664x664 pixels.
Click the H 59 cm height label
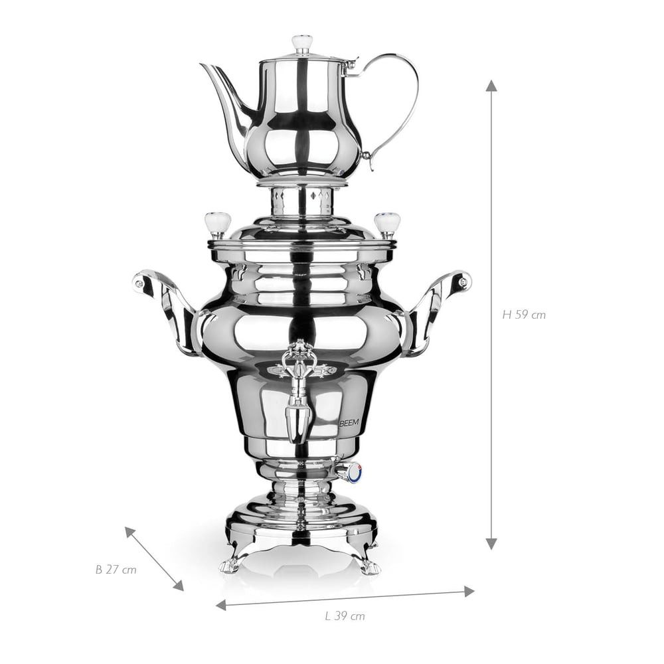[x=524, y=315]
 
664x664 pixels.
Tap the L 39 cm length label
[x=345, y=616]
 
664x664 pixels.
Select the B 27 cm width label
[x=116, y=570]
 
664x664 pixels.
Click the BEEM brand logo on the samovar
[x=349, y=422]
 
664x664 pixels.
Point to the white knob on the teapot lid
[x=302, y=42]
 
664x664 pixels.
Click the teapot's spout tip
[x=202, y=65]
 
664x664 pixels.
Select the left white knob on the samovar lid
[x=218, y=223]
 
